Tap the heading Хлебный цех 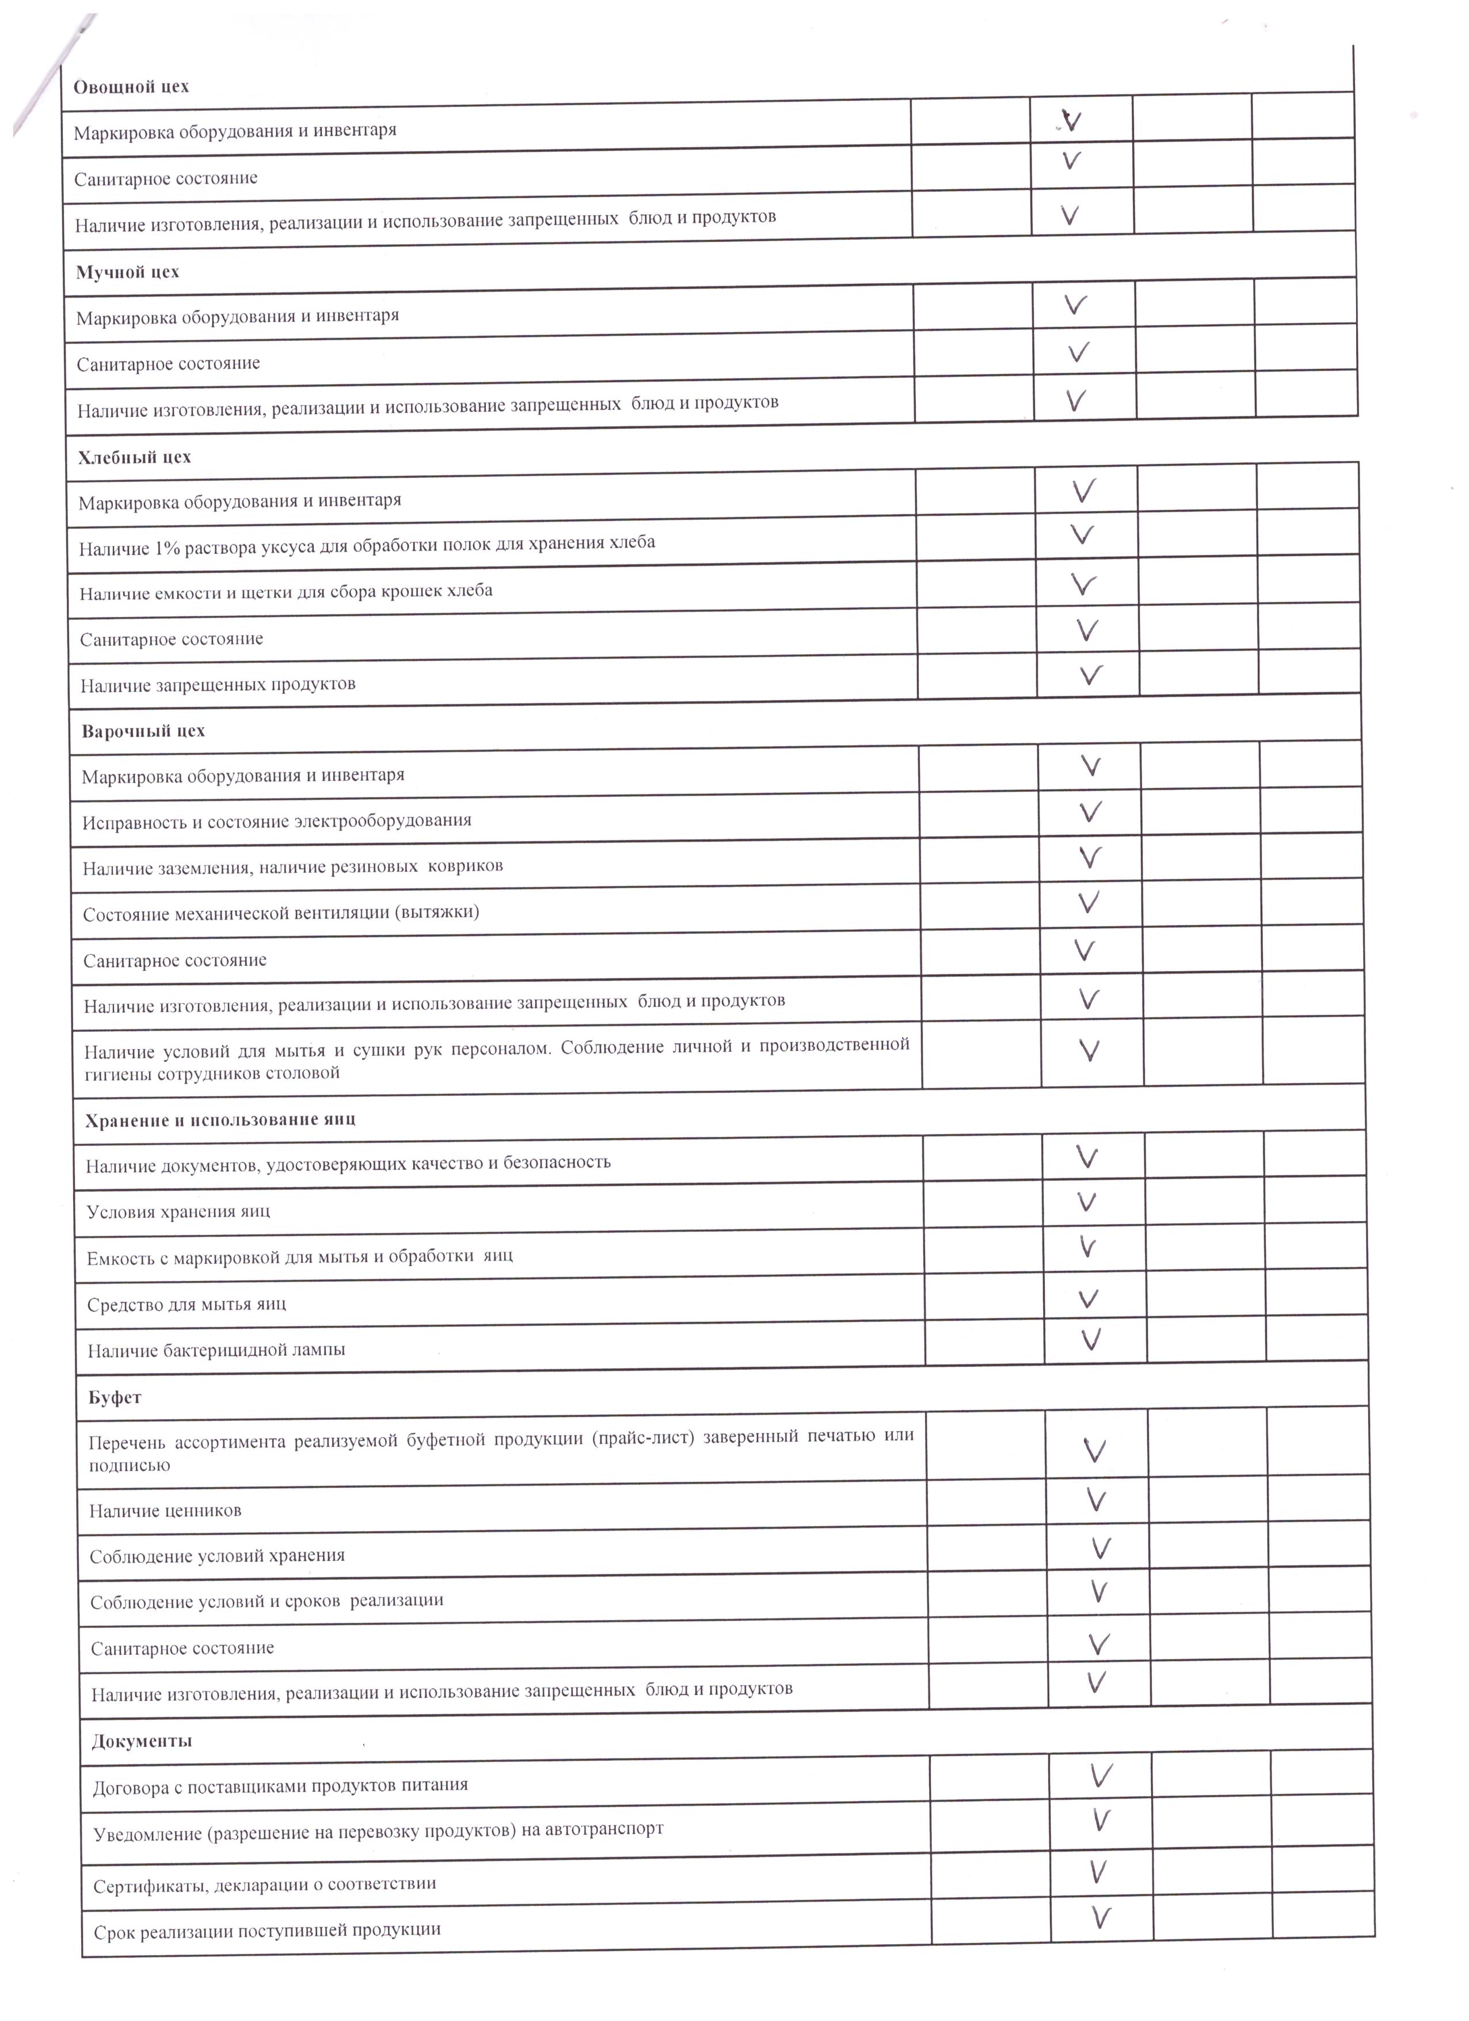click(135, 458)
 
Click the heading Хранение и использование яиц click(220, 1120)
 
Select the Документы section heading click(142, 1740)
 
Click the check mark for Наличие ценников click(1097, 1500)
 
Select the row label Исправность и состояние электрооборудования click(277, 820)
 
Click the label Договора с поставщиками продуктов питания click(280, 1786)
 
